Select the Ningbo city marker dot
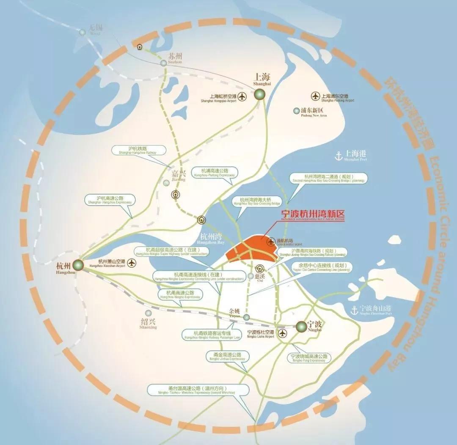point(302,326)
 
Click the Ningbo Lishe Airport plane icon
point(282,333)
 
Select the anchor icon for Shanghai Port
point(338,156)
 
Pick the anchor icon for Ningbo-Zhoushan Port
point(354,310)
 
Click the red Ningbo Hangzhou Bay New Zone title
point(313,215)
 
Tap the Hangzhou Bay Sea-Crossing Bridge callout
point(255,201)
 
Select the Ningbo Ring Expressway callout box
point(309,358)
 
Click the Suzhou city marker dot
point(164,63)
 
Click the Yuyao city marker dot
point(247,317)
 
